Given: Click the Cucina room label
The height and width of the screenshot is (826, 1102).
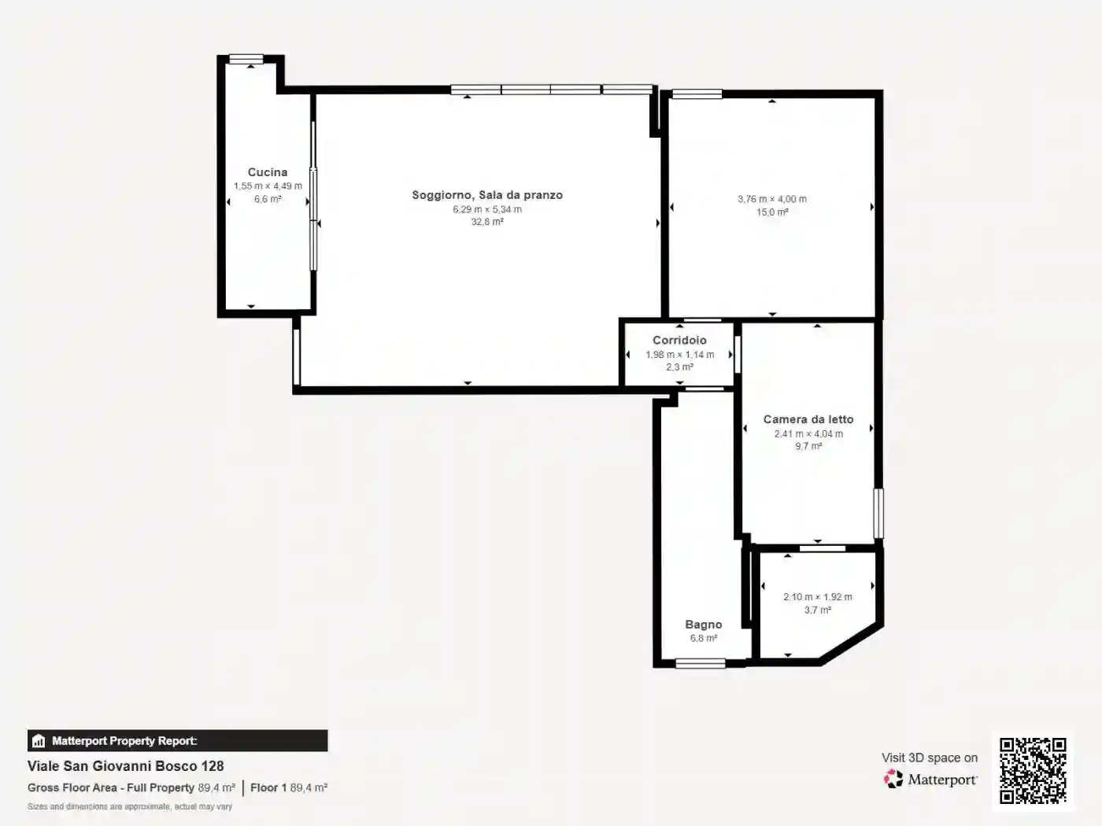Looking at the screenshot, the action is (x=268, y=172).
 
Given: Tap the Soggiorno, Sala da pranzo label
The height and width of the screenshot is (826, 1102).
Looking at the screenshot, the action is (x=487, y=195).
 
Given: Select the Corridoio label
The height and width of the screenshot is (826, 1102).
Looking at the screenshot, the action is (x=679, y=340).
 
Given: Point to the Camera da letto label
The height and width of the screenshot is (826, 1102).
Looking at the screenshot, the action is (x=808, y=419).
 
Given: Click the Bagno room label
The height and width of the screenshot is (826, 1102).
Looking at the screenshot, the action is (x=704, y=625).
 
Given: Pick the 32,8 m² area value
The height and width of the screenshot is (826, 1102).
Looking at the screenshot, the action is (x=487, y=222).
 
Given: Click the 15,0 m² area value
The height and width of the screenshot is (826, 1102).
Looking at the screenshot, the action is (x=772, y=212).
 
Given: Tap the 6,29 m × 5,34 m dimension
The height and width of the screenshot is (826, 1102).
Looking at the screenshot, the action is (x=487, y=209).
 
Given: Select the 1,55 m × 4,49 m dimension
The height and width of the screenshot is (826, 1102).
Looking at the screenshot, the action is (x=268, y=186).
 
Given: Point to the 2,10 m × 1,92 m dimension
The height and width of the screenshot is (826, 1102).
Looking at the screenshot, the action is (x=817, y=597).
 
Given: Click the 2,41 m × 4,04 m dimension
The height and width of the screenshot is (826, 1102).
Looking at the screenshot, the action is (x=808, y=433).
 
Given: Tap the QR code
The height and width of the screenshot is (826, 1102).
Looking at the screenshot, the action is (x=1033, y=771).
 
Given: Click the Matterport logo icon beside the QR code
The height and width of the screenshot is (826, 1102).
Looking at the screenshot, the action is (x=893, y=779).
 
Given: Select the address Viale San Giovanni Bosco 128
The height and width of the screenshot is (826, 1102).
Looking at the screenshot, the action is (x=125, y=765).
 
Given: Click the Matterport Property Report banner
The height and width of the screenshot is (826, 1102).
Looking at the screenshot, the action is (x=177, y=741).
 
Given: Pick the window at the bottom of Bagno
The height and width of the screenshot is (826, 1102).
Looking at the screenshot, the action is (x=701, y=663).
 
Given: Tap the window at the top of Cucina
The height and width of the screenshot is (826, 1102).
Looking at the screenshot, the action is (x=246, y=59).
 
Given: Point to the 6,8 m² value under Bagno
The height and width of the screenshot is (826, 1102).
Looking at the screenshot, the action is (x=704, y=639).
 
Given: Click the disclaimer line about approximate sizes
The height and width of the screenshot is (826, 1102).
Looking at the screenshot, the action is (x=130, y=807).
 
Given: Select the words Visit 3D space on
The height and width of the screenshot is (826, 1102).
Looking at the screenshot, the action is (x=930, y=758).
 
